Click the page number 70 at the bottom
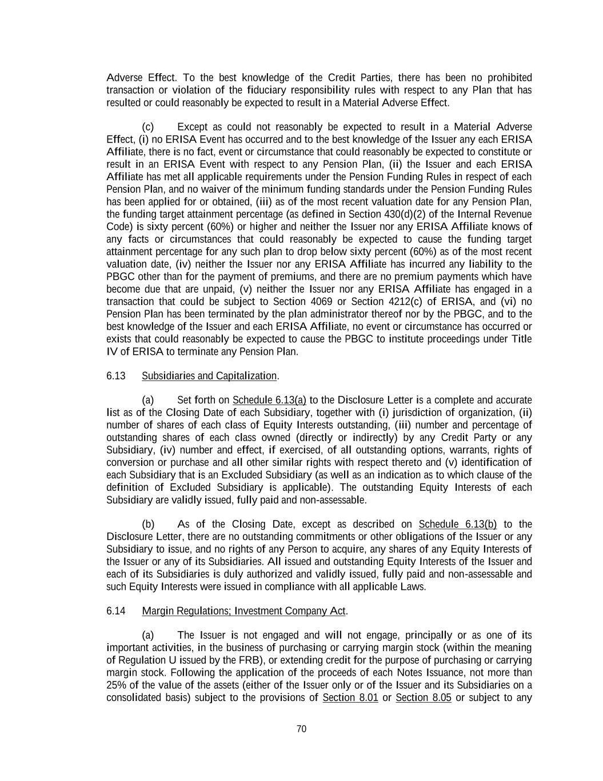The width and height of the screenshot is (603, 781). (x=301, y=729)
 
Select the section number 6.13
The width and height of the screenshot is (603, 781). (x=115, y=376)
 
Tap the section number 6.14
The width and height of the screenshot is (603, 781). (x=115, y=611)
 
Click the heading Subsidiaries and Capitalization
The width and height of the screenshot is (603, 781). (x=209, y=376)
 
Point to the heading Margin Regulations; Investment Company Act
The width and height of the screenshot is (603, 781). (x=243, y=611)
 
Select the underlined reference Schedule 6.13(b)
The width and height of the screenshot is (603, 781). (x=457, y=525)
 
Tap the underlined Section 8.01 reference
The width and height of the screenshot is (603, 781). (x=350, y=698)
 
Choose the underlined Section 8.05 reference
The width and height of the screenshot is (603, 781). (x=424, y=698)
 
